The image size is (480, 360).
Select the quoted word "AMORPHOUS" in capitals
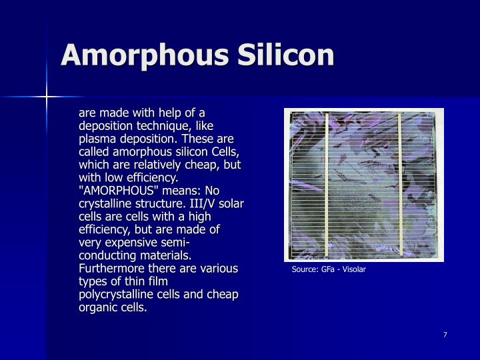click(x=113, y=191)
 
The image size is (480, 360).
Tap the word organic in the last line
click(x=97, y=308)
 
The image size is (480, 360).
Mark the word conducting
click(x=109, y=255)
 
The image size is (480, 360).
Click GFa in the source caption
click(x=328, y=270)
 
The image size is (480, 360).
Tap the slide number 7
click(x=445, y=334)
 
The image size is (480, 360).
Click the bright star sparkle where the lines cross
click(x=47, y=97)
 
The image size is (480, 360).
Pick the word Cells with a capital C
click(x=227, y=151)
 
